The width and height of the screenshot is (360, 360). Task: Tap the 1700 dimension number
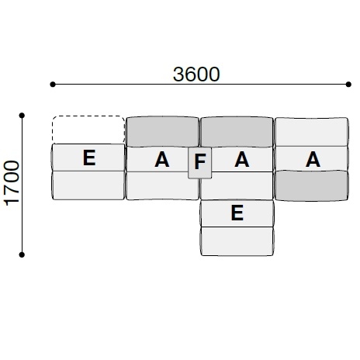pyautogui.click(x=12, y=184)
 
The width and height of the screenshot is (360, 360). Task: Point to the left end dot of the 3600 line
pyautogui.click(x=53, y=83)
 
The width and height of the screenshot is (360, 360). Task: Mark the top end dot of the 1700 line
pyautogui.click(x=23, y=116)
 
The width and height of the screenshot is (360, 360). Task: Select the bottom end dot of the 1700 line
pyautogui.click(x=23, y=253)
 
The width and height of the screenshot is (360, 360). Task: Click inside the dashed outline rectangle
pyautogui.click(x=88, y=130)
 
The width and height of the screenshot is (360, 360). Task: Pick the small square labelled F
pyautogui.click(x=200, y=162)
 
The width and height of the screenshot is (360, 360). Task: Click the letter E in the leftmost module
pyautogui.click(x=88, y=158)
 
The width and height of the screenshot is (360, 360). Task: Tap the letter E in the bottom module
pyautogui.click(x=237, y=213)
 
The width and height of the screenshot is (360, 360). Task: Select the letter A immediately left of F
pyautogui.click(x=161, y=160)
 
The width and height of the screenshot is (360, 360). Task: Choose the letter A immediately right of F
pyautogui.click(x=242, y=160)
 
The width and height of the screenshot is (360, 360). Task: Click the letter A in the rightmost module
pyautogui.click(x=313, y=159)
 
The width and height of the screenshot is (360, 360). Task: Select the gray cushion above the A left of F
pyautogui.click(x=161, y=132)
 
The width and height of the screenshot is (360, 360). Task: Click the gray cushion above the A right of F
pyautogui.click(x=237, y=132)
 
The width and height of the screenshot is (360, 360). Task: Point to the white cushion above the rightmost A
pyautogui.click(x=310, y=132)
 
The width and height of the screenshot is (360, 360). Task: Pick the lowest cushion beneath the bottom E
pyautogui.click(x=237, y=241)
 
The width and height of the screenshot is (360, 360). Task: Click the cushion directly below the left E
pyautogui.click(x=88, y=185)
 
